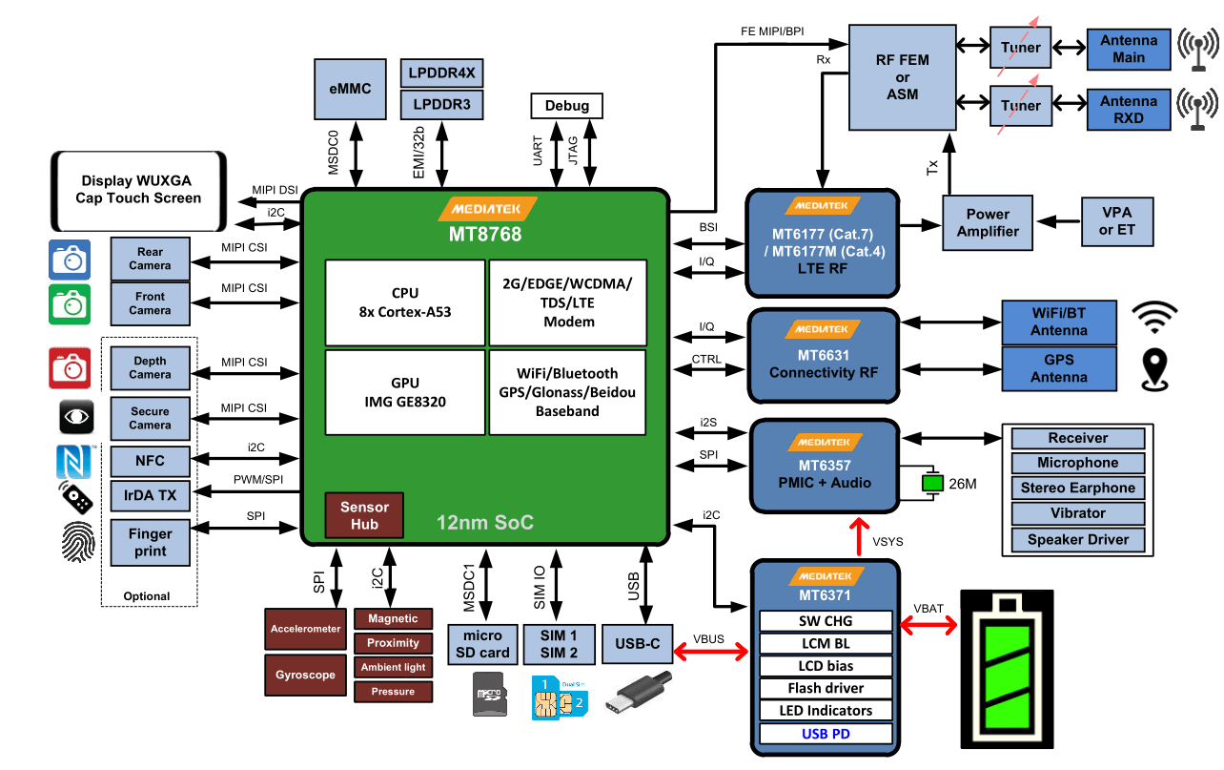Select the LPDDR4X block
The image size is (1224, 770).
(441, 73)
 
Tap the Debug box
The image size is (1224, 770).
(566, 105)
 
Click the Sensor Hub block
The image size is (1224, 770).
(364, 515)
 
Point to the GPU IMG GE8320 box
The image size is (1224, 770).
(405, 392)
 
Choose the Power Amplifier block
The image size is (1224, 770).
(988, 223)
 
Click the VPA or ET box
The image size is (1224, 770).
(1116, 221)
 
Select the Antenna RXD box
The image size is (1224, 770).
(1129, 110)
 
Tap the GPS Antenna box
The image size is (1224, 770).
(1058, 368)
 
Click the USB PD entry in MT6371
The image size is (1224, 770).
(826, 734)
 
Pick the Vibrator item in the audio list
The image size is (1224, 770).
(1077, 512)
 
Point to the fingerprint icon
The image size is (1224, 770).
(77, 542)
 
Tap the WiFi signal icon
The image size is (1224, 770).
(1155, 319)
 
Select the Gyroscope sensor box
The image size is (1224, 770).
(305, 675)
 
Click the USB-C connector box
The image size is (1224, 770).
(637, 644)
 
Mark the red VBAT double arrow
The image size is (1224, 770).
(928, 625)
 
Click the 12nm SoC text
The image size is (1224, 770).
(484, 522)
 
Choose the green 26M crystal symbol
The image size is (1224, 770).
(930, 484)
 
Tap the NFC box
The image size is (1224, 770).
(150, 461)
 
